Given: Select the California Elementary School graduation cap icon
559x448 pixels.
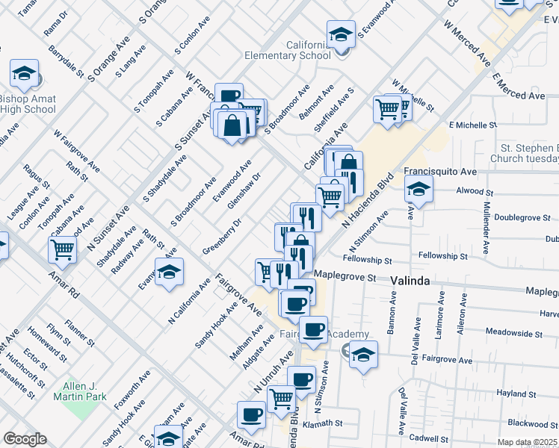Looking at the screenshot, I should pyautogui.click(x=341, y=34).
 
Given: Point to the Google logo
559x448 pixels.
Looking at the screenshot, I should pyautogui.click(x=25, y=439).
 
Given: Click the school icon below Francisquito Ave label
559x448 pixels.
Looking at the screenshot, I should pyautogui.click(x=419, y=190).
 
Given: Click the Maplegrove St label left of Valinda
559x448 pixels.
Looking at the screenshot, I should pyautogui.click(x=344, y=277).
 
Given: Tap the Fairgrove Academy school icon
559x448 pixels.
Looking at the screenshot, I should pyautogui.click(x=363, y=354).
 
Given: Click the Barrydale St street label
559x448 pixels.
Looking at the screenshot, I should pyautogui.click(x=66, y=60).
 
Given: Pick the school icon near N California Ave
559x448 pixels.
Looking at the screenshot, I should pyautogui.click(x=170, y=273).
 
